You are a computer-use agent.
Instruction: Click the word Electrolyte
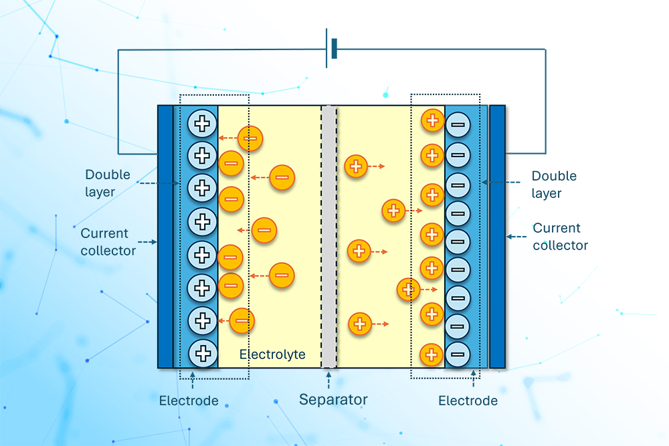pyautogui.click(x=272, y=354)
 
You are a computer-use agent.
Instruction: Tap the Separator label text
pyautogui.click(x=333, y=401)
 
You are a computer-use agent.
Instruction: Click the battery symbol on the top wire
pyautogui.click(x=330, y=48)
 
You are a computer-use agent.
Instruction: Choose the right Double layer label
pyautogui.click(x=554, y=185)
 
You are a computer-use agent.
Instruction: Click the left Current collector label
pyautogui.click(x=108, y=242)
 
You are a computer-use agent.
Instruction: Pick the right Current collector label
pyautogui.click(x=560, y=237)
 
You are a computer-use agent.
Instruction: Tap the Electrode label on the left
pyautogui.click(x=189, y=401)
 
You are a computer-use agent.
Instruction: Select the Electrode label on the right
pyautogui.click(x=468, y=401)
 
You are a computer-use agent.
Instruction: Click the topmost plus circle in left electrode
pyautogui.click(x=201, y=123)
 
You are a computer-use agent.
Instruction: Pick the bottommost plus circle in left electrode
pyautogui.click(x=201, y=352)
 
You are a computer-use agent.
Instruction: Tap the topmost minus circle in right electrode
pyautogui.click(x=458, y=123)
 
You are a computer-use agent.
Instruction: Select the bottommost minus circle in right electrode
pyautogui.click(x=458, y=352)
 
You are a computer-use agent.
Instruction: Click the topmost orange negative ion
pyautogui.click(x=251, y=138)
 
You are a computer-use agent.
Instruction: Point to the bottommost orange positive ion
pyautogui.click(x=432, y=354)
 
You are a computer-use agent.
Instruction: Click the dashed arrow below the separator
pyautogui.click(x=328, y=378)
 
